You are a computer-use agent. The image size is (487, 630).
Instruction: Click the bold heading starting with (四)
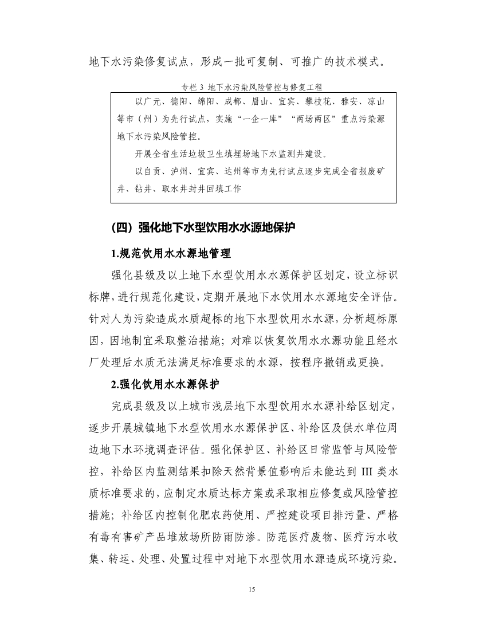coord(203,227)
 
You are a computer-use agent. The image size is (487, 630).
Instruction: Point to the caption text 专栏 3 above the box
coord(193,88)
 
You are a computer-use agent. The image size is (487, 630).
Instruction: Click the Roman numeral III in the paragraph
coord(368,472)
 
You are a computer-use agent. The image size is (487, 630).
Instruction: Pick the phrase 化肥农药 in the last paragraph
coord(209,515)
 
